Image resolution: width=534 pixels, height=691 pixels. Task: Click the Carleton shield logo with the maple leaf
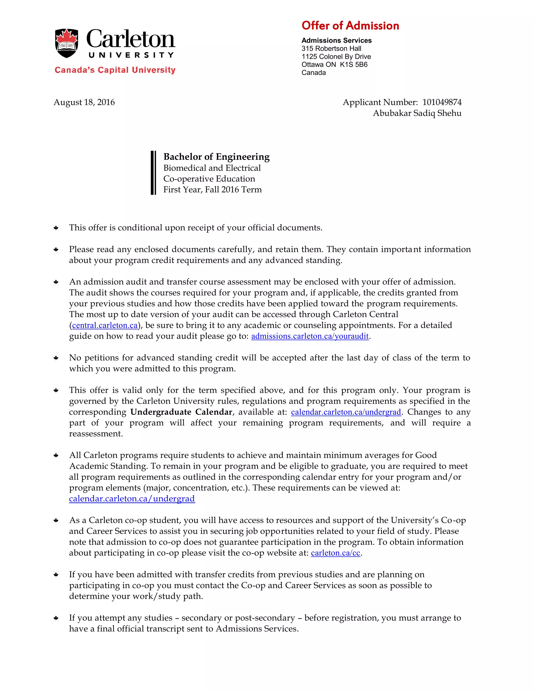66,43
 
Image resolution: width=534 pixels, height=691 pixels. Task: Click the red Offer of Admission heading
350,26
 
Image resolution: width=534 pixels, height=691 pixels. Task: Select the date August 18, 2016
84,102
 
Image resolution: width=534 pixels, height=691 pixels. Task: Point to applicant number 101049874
442,102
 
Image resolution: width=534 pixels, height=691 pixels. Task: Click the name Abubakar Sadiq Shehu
417,113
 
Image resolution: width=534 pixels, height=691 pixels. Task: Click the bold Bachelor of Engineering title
216,157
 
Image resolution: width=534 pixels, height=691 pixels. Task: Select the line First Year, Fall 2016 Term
212,190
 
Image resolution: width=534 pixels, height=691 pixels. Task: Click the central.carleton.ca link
105,325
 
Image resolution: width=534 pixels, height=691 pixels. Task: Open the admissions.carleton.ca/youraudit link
310,336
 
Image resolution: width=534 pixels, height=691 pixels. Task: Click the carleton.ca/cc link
335,553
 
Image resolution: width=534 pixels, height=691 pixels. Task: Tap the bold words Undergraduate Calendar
181,412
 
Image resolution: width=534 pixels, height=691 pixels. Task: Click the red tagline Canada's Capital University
115,70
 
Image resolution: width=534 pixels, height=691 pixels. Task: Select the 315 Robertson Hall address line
331,49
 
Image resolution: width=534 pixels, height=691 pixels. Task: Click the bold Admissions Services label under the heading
336,40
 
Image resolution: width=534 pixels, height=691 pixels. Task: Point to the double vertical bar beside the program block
153,173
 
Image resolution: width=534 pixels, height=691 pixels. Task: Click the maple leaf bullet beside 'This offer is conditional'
56,228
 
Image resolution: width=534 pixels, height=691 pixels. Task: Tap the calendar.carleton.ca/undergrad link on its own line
132,499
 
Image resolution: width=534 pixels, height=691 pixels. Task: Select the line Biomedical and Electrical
212,168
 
